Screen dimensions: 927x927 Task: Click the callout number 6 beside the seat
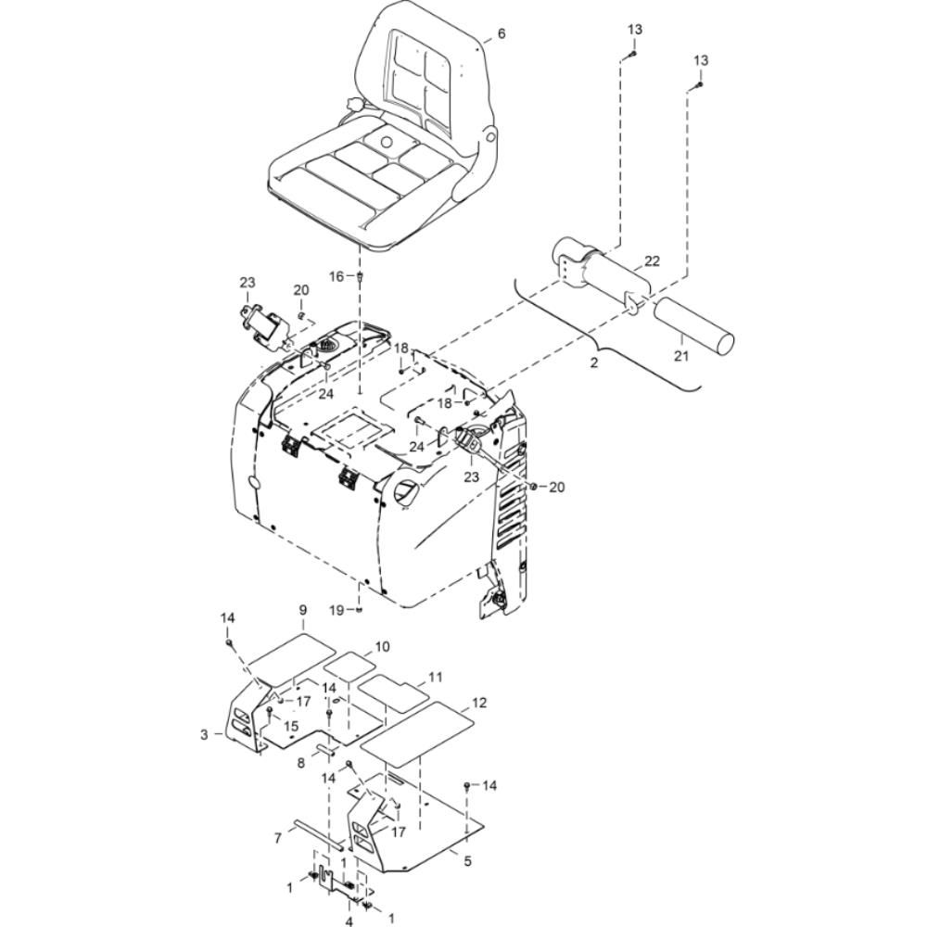pos(502,33)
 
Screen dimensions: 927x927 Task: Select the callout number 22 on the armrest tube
pos(652,260)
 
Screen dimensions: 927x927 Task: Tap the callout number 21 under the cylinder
pos(681,356)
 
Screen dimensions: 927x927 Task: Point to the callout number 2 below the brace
pos(594,362)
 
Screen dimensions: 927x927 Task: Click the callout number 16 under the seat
pos(337,276)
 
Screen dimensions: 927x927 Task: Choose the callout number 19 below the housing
pos(337,610)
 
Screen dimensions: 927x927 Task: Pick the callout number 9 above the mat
pos(303,626)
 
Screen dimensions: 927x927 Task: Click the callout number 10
pos(383,646)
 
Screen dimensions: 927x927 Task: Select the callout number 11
pos(435,677)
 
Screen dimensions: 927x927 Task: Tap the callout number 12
pos(479,703)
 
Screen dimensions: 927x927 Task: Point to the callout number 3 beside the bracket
pos(204,735)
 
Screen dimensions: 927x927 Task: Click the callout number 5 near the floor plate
pos(467,861)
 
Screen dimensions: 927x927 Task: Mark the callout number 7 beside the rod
pos(278,838)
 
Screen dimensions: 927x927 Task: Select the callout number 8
pos(301,763)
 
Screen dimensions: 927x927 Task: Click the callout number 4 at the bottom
pos(349,921)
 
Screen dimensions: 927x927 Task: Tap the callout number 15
pos(291,726)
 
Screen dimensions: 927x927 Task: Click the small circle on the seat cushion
pos(387,142)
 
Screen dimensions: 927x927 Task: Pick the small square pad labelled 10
pos(349,667)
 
